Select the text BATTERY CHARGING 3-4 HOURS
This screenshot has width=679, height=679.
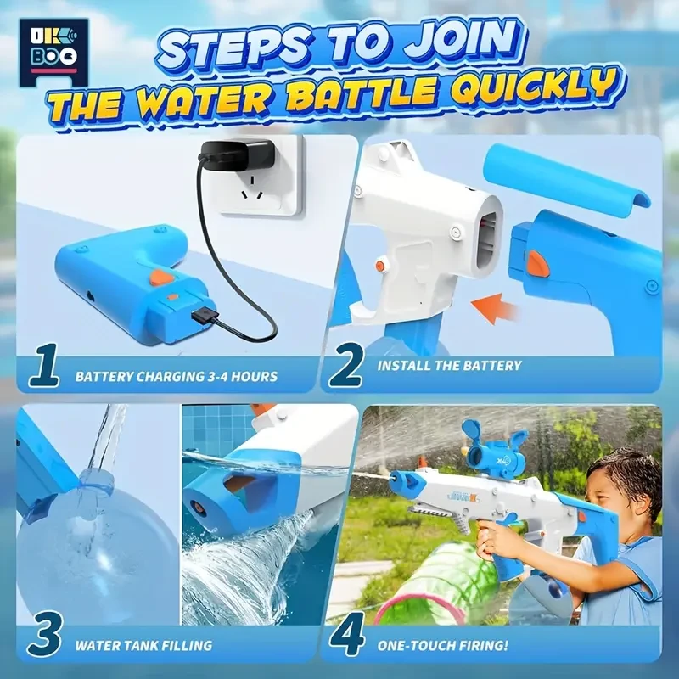click(x=176, y=375)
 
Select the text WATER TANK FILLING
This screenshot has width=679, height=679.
click(x=143, y=646)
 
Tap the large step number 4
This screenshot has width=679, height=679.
click(x=349, y=638)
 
